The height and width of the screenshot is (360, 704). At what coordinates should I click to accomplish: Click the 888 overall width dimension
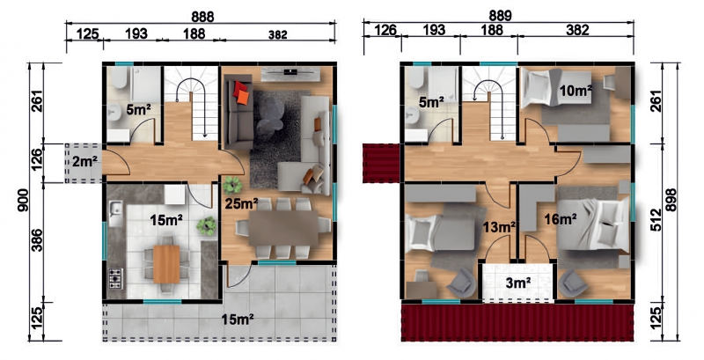coord(202,17)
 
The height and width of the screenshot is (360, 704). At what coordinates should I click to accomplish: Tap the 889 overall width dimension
coord(500,16)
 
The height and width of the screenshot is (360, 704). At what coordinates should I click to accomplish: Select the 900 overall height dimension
coord(25,200)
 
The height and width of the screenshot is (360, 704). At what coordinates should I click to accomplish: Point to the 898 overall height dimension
coord(671,200)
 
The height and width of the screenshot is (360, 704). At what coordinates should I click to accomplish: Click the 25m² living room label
coord(241,204)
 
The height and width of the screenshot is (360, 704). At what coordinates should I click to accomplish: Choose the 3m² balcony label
coord(518,283)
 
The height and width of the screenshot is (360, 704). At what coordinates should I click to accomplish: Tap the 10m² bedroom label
coord(576,91)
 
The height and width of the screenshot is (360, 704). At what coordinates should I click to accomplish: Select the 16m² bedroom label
coord(560,219)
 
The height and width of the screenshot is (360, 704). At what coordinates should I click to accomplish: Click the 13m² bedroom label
coord(499,228)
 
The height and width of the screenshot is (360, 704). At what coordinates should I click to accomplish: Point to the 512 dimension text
coord(656,221)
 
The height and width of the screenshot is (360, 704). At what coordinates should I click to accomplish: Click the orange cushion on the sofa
coord(243,97)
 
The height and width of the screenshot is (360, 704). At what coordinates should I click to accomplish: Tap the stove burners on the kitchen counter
coord(115,278)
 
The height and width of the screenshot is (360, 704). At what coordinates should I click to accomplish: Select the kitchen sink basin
coord(116,209)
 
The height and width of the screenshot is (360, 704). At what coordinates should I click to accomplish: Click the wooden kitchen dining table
coord(166,264)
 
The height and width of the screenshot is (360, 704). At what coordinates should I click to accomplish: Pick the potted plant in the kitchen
coord(207,225)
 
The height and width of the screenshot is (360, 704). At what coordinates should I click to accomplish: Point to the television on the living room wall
coord(290,71)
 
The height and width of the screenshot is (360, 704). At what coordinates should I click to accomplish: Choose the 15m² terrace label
coord(238,320)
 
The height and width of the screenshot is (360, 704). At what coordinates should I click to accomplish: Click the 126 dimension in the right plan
coord(385,30)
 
